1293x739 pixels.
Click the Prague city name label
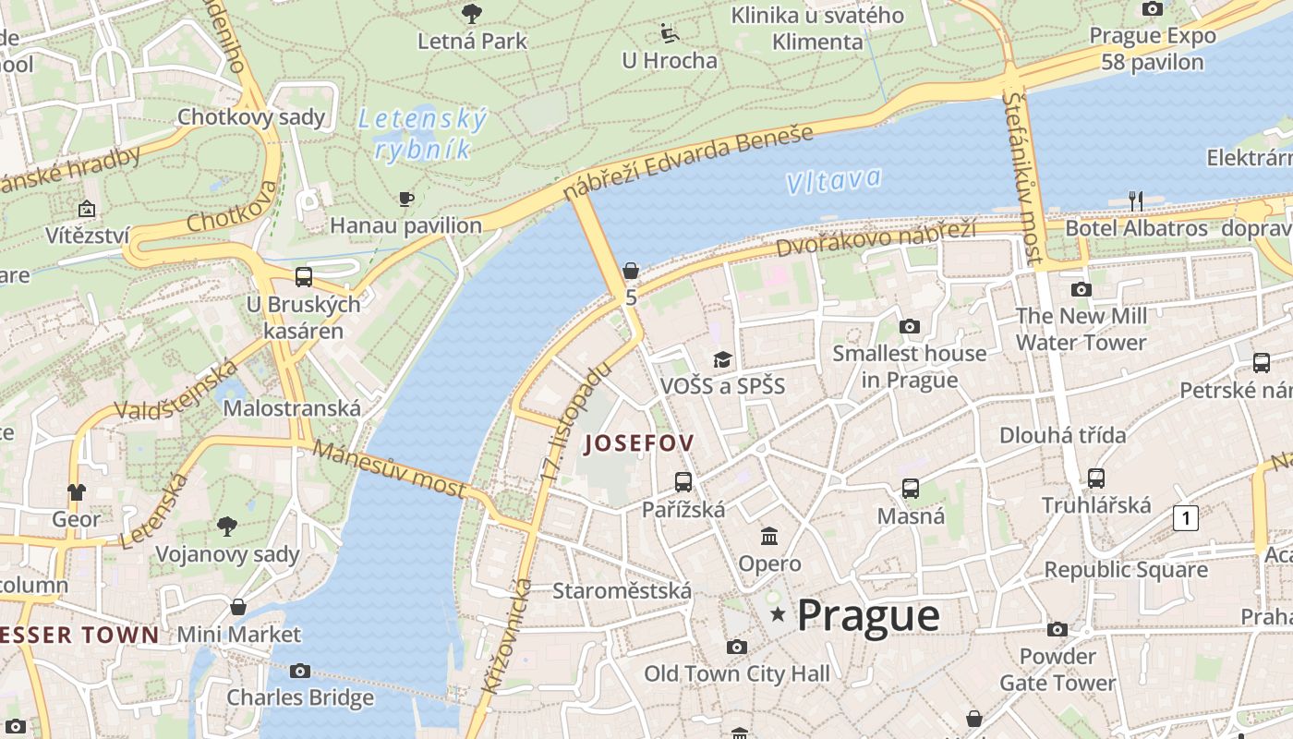coord(868,615)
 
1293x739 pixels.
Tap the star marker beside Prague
coord(779,614)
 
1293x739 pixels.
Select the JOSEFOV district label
coord(639,443)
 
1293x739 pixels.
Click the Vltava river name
coord(833,180)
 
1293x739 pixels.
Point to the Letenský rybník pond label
coord(422,134)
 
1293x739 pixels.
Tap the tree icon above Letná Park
coord(472,13)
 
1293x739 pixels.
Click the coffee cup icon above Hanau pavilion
coord(405,199)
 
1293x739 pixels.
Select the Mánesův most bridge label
coord(389,469)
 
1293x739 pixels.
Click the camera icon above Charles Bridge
coord(300,671)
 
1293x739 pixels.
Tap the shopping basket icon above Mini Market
coord(238,607)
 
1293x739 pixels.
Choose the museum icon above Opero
coord(769,536)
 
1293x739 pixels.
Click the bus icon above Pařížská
coord(683,481)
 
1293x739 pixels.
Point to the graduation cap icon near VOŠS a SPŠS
coord(722,359)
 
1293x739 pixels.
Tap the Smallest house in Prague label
coord(909,366)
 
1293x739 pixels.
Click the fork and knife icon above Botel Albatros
coord(1136,200)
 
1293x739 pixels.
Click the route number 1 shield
coord(1185,518)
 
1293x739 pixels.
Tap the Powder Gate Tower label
coord(1057,670)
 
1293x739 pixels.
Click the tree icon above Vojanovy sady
coord(227,527)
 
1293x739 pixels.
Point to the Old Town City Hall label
coord(736,674)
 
